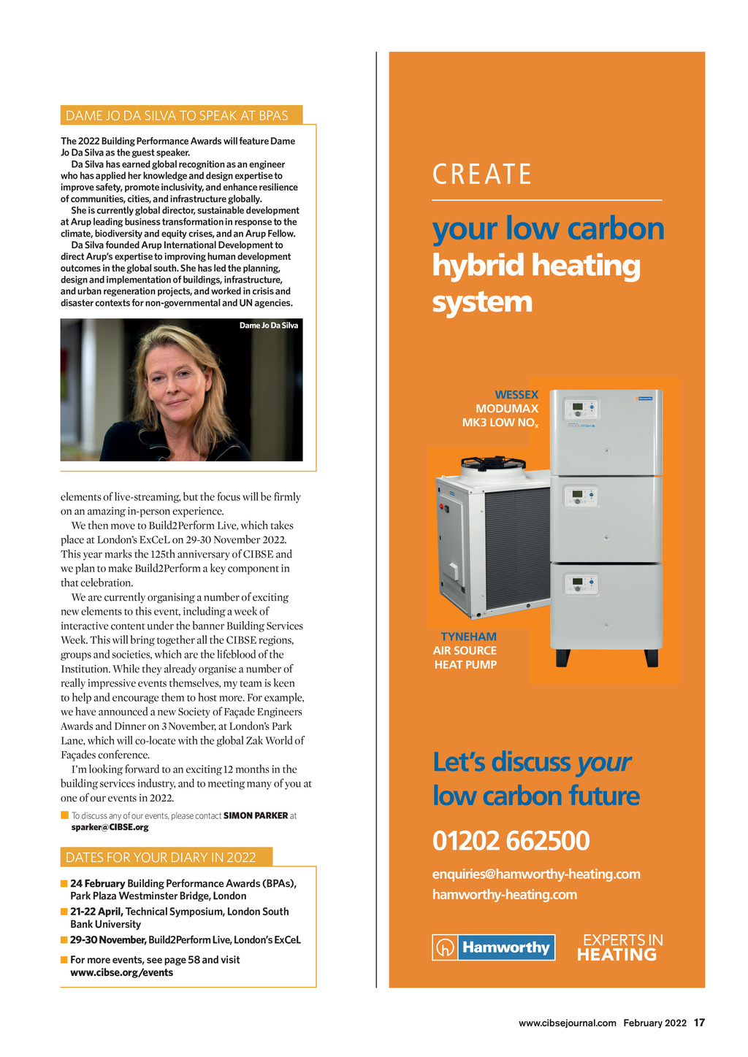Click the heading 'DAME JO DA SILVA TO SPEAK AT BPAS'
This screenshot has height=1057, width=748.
(177, 115)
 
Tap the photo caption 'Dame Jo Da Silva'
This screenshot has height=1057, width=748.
(269, 326)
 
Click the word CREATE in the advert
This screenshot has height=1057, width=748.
(482, 175)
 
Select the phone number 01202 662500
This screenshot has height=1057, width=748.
(511, 841)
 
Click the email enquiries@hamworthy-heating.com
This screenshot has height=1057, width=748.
(536, 874)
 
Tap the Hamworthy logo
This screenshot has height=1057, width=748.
(493, 948)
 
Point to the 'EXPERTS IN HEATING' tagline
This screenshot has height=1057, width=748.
(620, 948)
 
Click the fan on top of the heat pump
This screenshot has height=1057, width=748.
(493, 463)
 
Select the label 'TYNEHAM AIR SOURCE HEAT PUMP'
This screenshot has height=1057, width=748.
(465, 650)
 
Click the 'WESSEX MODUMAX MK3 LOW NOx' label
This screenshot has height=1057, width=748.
(501, 409)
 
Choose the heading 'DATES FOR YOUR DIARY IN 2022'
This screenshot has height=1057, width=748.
(161, 857)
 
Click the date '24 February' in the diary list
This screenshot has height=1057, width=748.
(97, 883)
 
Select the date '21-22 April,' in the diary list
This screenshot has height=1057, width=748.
(96, 912)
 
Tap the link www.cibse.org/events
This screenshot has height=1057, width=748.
(121, 972)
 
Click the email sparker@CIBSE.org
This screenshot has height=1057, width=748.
(110, 827)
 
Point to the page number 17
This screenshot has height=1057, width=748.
(699, 1023)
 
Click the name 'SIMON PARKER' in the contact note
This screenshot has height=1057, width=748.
(256, 815)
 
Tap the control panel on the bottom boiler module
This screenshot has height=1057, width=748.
(581, 584)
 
